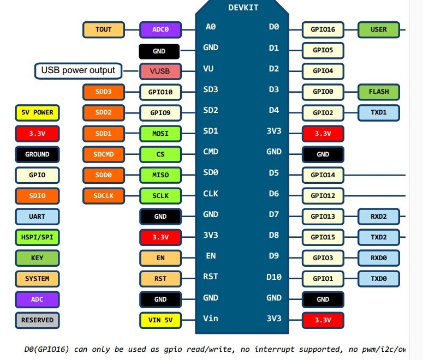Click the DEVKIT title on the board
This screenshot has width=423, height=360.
pos(243,8)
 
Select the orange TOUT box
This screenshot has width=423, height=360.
pos(104,29)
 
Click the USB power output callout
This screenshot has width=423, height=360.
pos(78,70)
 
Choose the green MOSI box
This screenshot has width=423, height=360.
pos(160,134)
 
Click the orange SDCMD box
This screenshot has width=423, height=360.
pos(104,154)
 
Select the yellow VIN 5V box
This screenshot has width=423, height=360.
pos(160,320)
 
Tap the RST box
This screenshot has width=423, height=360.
pos(160,279)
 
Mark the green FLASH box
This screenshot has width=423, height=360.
pos(379,92)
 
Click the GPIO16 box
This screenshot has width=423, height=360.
pos(323,29)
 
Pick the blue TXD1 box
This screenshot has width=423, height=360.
pos(379,113)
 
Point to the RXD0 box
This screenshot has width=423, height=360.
pos(379,257)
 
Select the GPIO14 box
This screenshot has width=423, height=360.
pos(323,175)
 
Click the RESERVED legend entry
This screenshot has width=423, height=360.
pos(37,320)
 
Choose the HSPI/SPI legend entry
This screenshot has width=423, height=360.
pos(37,237)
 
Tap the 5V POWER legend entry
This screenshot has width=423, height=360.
pos(37,113)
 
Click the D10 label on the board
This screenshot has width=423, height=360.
pos(273,277)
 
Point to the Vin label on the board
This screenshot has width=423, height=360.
pos(211,319)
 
